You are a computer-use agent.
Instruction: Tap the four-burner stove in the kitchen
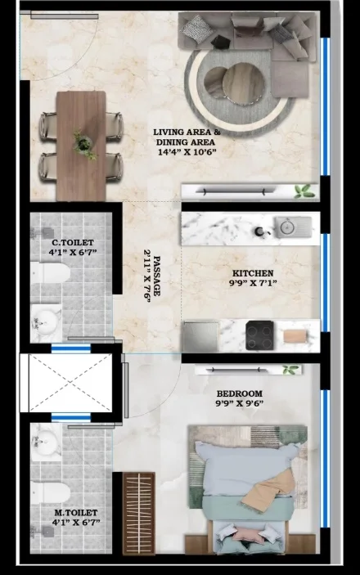[x=259, y=335]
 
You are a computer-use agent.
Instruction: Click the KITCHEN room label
[x=253, y=273]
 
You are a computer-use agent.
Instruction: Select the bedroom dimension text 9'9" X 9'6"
[x=240, y=404]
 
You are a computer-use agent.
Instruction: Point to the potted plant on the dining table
[x=83, y=145]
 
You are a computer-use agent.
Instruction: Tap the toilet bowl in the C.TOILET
[x=51, y=272]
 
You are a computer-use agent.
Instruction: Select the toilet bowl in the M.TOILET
[x=51, y=492]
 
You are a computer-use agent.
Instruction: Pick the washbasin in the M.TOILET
[x=46, y=442]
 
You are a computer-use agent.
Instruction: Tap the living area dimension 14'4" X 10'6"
[x=185, y=152]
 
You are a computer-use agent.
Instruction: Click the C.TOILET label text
[x=73, y=242]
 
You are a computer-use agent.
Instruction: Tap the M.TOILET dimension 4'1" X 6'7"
[x=76, y=522]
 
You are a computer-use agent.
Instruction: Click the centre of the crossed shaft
[x=70, y=383]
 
